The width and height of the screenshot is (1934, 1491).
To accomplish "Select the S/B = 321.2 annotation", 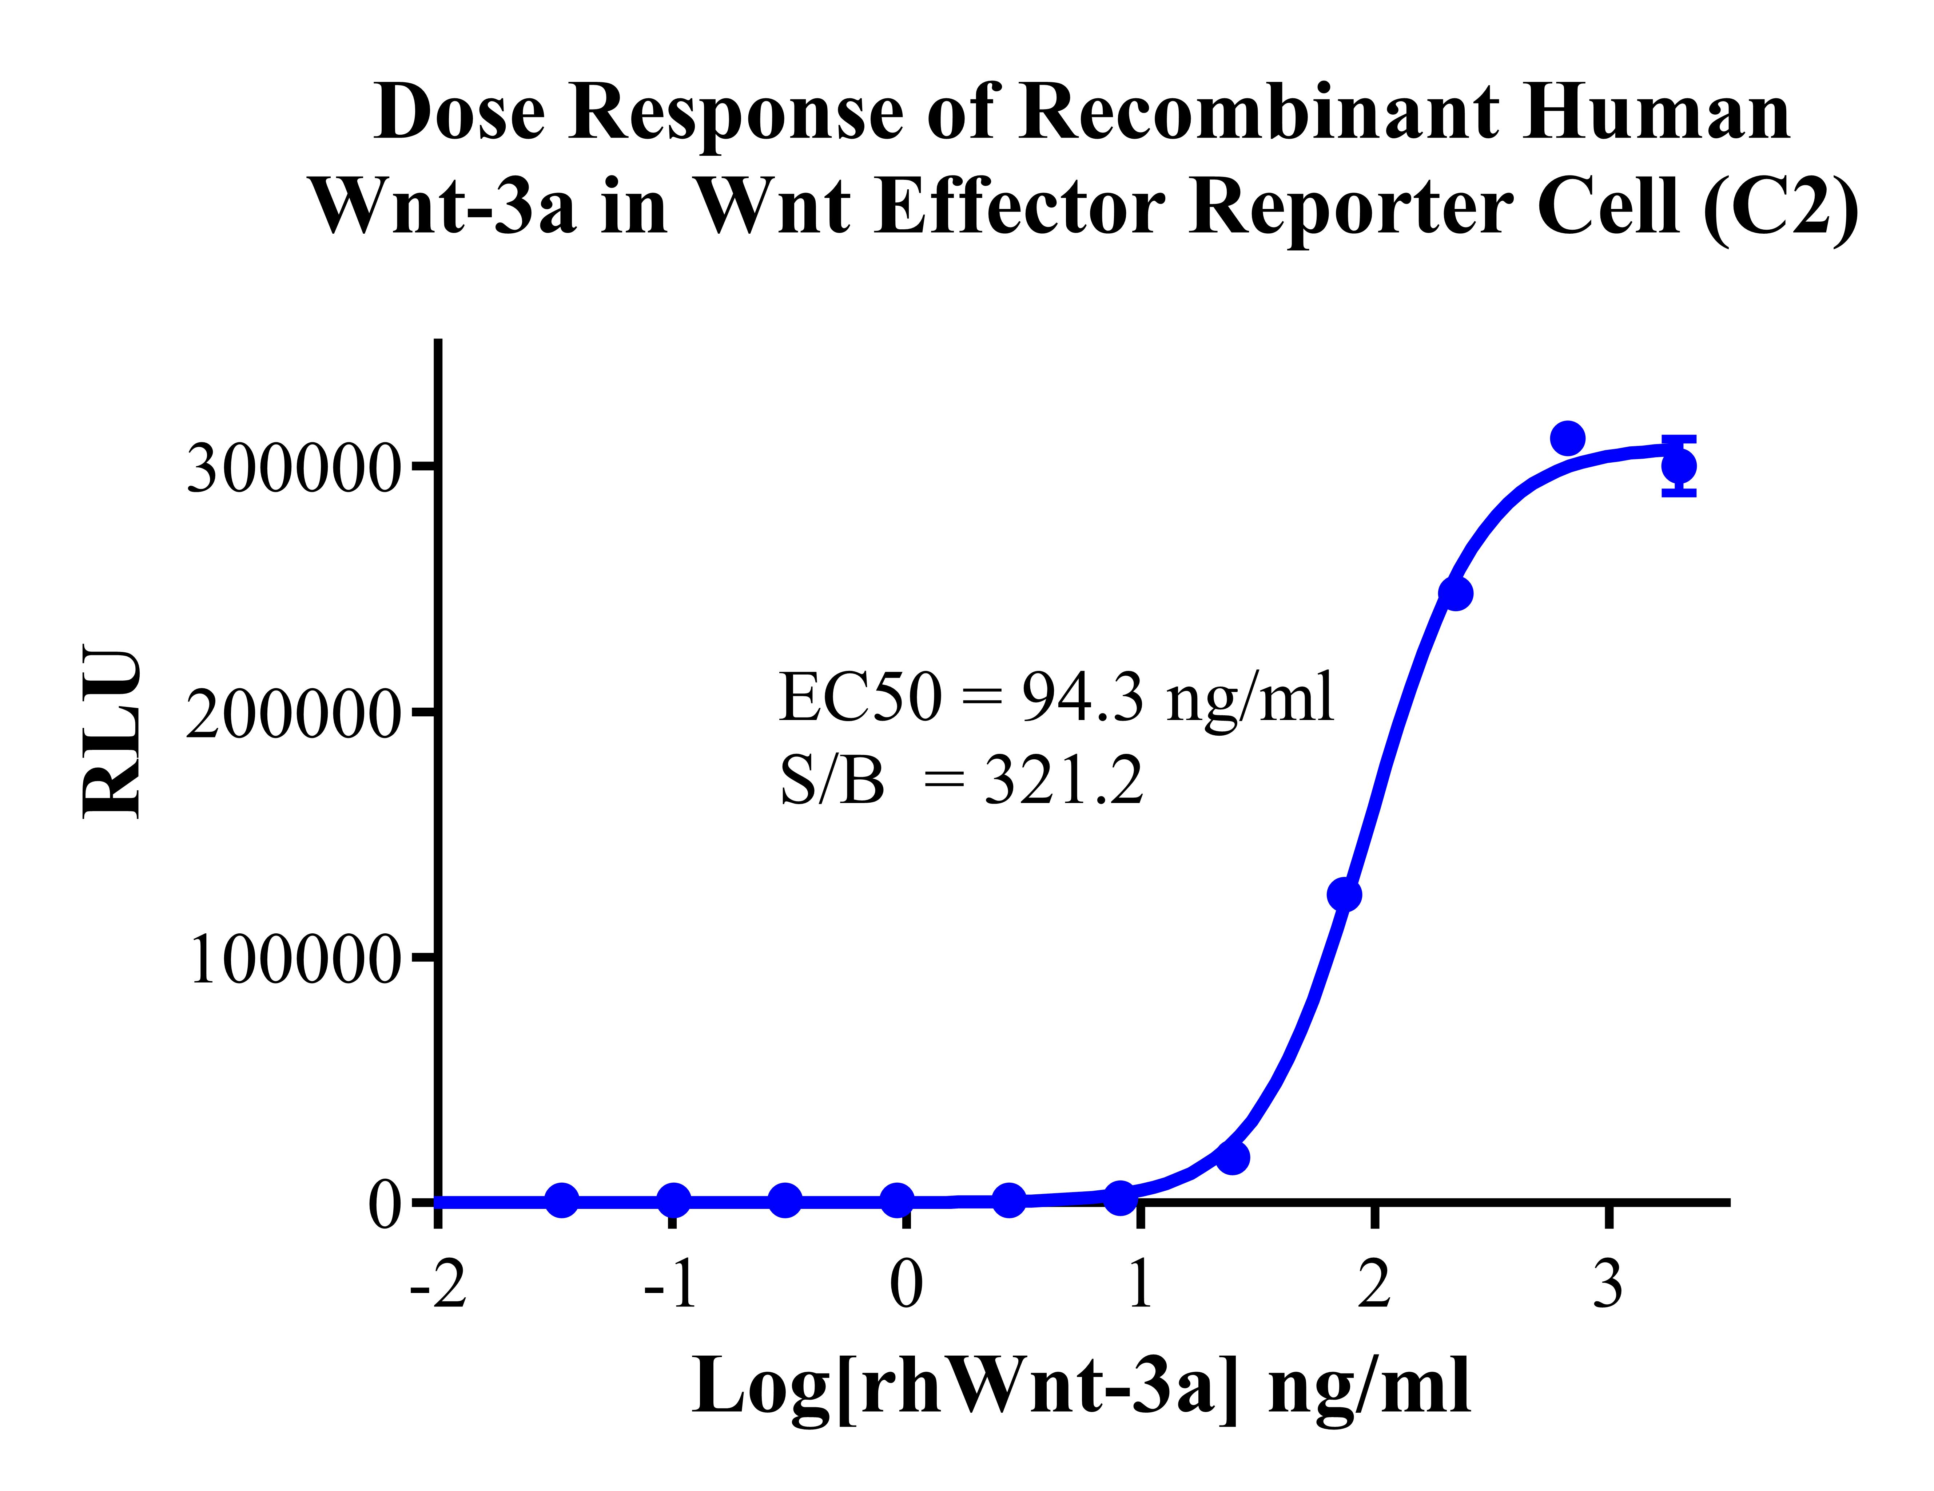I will click(961, 782).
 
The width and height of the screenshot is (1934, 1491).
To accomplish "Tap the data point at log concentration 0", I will click(897, 1201).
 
